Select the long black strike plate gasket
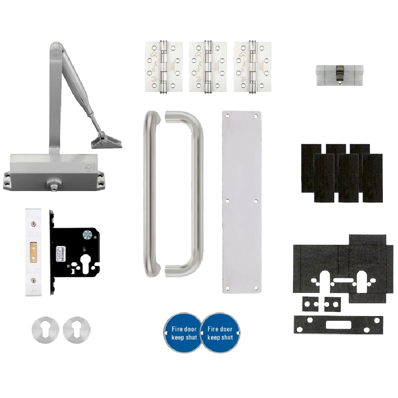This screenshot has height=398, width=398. coord(338,324)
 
